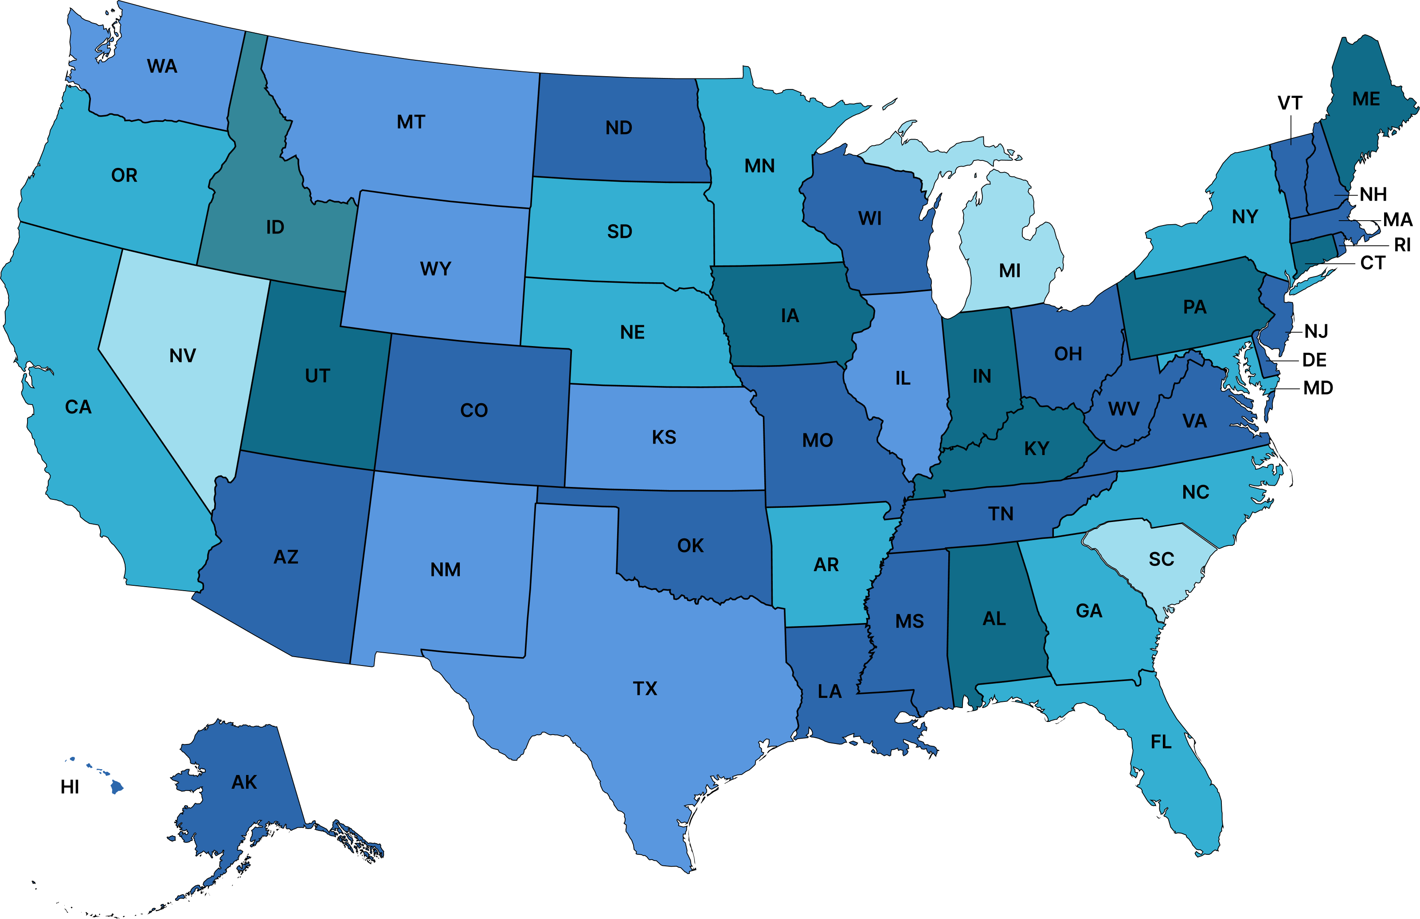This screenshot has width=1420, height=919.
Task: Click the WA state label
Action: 162,66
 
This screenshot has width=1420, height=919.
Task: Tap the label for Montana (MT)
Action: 411,122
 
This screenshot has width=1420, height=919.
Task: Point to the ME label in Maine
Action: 1366,99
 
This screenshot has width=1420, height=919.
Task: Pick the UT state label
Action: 317,376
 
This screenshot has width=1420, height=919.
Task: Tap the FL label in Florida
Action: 1161,742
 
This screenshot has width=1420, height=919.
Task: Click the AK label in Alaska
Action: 243,782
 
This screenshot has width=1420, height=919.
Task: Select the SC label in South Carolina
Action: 1161,559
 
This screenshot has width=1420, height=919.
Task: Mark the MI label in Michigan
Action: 1009,271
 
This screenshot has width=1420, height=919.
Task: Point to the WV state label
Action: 1123,409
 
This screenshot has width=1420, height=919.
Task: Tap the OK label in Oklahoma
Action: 690,545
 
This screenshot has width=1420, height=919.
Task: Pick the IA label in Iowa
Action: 789,315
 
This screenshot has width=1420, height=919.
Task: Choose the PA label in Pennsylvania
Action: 1194,307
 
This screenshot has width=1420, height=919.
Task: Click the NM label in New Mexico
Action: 445,569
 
